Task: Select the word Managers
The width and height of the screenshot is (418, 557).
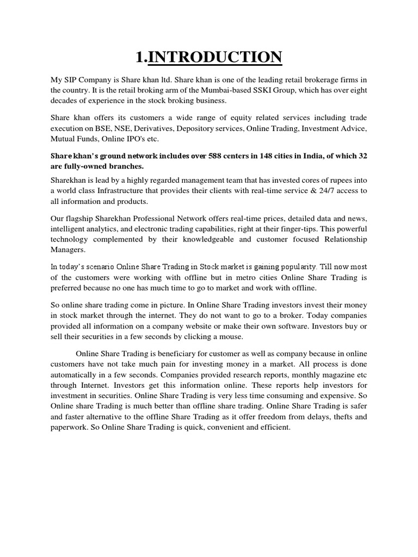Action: pyautogui.click(x=68, y=249)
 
